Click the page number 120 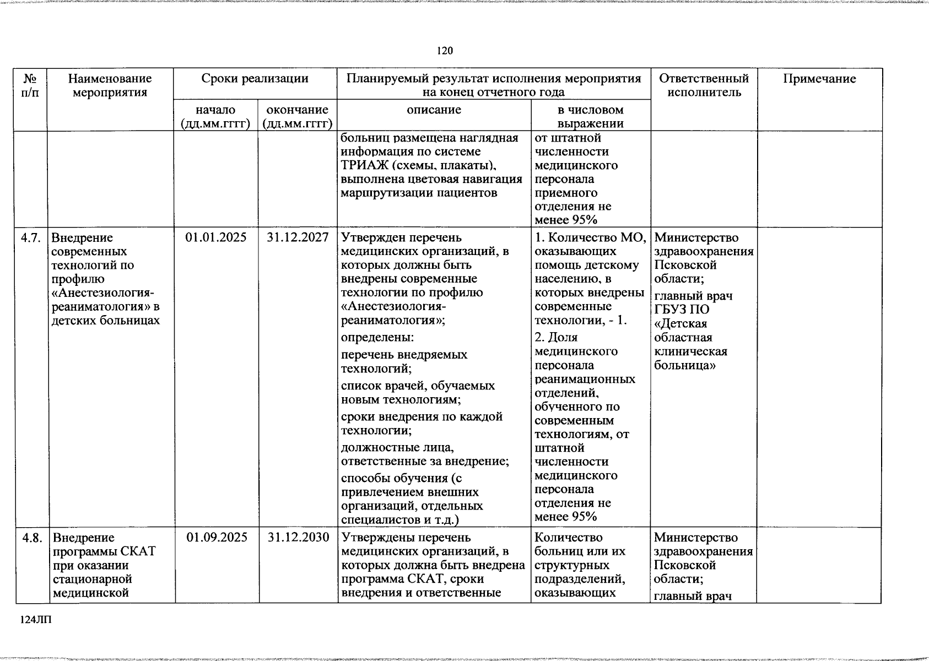coord(445,51)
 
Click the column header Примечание coord(819,79)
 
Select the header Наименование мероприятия coord(110,85)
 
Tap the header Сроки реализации coord(255,79)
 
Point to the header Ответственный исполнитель coord(704,85)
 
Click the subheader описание coord(434,110)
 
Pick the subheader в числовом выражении coord(590,116)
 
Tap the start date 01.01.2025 coord(217,238)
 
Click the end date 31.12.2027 coord(298,238)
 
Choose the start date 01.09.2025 coord(217,538)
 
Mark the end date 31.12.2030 coord(298,538)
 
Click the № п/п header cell coord(31,85)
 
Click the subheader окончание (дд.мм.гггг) coord(298,116)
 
